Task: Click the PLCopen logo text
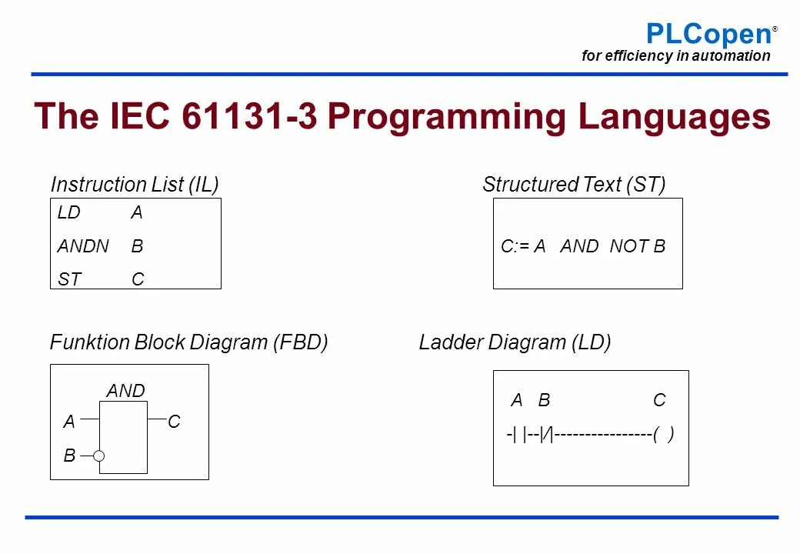click(x=708, y=34)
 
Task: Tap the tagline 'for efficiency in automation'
click(x=675, y=55)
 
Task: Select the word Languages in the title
click(x=675, y=117)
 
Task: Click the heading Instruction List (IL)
click(x=135, y=185)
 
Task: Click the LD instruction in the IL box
click(x=68, y=213)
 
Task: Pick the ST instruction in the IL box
click(x=68, y=280)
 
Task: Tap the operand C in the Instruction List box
click(x=138, y=280)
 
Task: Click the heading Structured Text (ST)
click(x=574, y=185)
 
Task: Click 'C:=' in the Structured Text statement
click(x=513, y=247)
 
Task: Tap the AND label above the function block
click(x=125, y=391)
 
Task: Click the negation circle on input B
click(x=99, y=456)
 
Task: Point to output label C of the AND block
click(x=174, y=422)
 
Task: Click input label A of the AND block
click(x=69, y=422)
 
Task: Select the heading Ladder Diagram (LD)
click(x=515, y=342)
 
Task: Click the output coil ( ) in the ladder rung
click(x=663, y=435)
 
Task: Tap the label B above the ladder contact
click(x=544, y=400)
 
